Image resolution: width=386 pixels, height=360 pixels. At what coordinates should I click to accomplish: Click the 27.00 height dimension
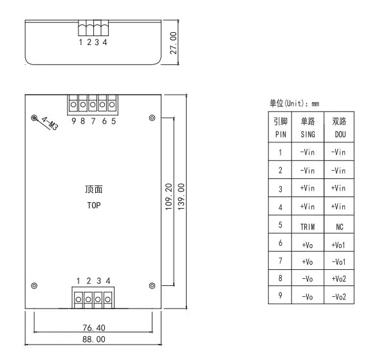tap(173, 42)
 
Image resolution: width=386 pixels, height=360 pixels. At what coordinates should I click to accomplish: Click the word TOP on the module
tap(95, 207)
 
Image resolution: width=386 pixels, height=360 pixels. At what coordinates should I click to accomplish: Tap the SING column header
tap(308, 135)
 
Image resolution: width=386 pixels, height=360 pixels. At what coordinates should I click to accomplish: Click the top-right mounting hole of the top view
tap(152, 118)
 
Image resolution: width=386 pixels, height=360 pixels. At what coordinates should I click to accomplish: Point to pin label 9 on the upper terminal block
tap(74, 121)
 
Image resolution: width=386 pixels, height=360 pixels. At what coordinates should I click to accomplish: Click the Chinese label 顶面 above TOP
tap(94, 190)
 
